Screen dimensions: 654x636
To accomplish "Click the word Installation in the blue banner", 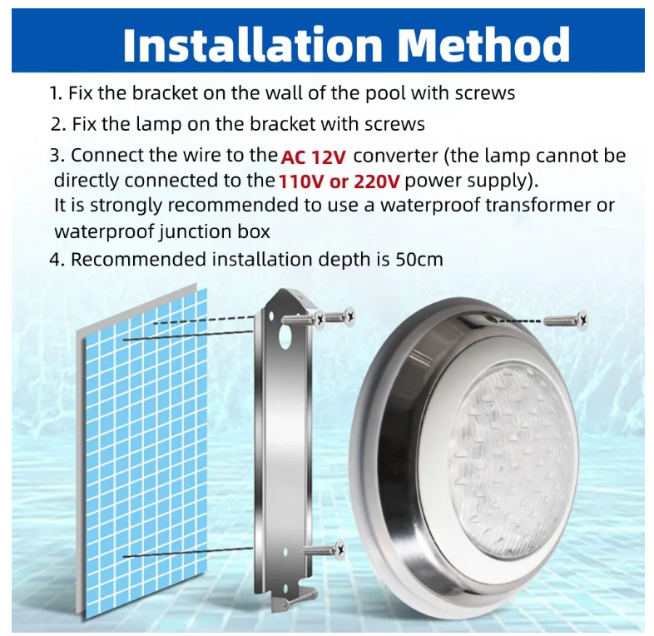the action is pyautogui.click(x=253, y=44).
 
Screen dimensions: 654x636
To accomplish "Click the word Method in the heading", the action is pyautogui.click(x=484, y=44).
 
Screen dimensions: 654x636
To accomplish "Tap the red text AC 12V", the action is pyautogui.click(x=314, y=157).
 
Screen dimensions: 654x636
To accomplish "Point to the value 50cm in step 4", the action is pyautogui.click(x=419, y=260).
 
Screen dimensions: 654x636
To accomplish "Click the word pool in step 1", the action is pyautogui.click(x=385, y=93).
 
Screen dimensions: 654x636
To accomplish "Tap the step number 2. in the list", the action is pyautogui.click(x=58, y=125).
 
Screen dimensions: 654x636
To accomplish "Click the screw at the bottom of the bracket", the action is pyautogui.click(x=324, y=550).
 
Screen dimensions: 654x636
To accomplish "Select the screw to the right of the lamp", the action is pyautogui.click(x=565, y=320).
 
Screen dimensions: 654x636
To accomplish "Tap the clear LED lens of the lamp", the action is pyautogui.click(x=514, y=458).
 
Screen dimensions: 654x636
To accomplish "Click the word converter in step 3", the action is pyautogui.click(x=395, y=156).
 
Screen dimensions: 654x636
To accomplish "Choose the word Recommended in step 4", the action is pyautogui.click(x=138, y=260).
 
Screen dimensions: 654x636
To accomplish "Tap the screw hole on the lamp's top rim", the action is pyautogui.click(x=493, y=320).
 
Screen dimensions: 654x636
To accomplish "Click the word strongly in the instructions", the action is pyautogui.click(x=126, y=206).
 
